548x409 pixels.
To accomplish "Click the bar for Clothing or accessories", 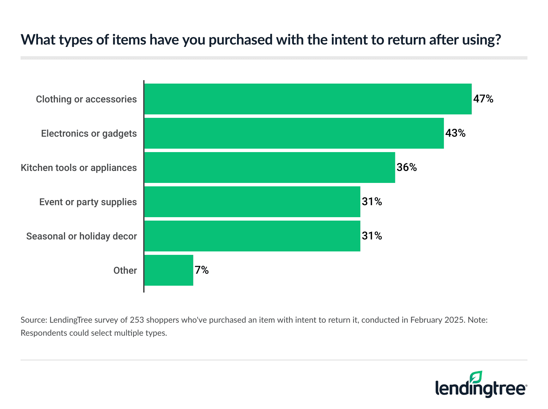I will point(308,99).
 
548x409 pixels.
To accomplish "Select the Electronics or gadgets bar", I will point(294,133).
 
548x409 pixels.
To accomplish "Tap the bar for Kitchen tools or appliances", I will point(270,168).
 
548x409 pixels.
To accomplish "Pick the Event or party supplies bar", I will point(252,202).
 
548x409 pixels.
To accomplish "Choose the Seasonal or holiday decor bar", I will point(252,236).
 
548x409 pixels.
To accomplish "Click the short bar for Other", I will point(169,270).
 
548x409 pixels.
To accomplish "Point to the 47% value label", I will point(483,99).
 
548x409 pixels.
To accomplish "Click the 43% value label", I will point(456,133).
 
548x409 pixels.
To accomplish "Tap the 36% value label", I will point(407,168).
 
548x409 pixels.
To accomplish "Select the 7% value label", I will point(202,270).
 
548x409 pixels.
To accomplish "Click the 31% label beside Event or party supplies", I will point(372,202).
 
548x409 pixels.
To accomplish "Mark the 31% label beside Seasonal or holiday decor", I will point(372,236).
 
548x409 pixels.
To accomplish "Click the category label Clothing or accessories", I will point(86,99).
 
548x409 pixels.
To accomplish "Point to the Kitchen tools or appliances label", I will point(79,168).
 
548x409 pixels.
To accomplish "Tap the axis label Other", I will point(125,271).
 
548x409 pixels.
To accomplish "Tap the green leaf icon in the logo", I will point(476,377).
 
